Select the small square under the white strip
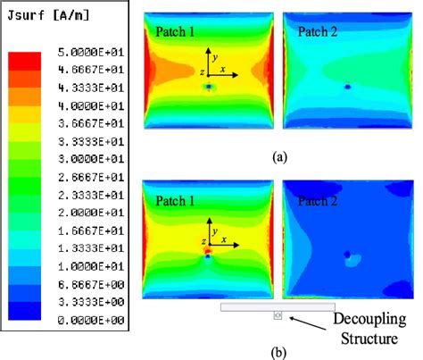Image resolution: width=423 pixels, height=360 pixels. pos(278,315)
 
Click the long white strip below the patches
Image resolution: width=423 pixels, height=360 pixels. pos(278,306)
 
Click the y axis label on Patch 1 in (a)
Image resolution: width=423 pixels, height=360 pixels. pos(214,54)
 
